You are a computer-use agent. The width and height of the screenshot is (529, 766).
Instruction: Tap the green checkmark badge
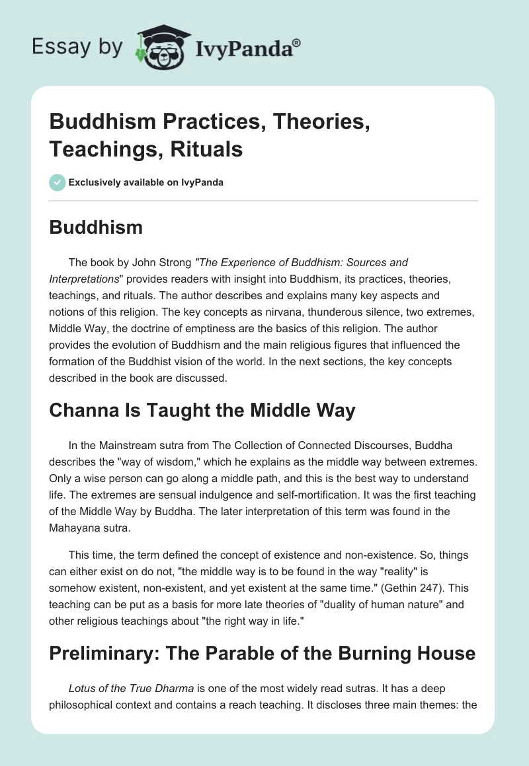pos(58,182)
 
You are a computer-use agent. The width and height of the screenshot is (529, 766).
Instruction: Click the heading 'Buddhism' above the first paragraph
pos(96,227)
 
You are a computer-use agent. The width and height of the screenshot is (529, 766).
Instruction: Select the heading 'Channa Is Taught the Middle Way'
pos(202,411)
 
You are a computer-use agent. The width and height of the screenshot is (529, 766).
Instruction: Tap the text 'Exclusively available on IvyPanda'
pos(146,182)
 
